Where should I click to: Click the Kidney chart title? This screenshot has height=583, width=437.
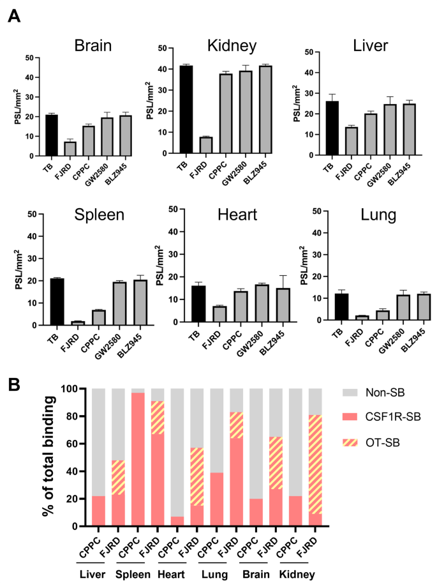[x=232, y=45]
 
